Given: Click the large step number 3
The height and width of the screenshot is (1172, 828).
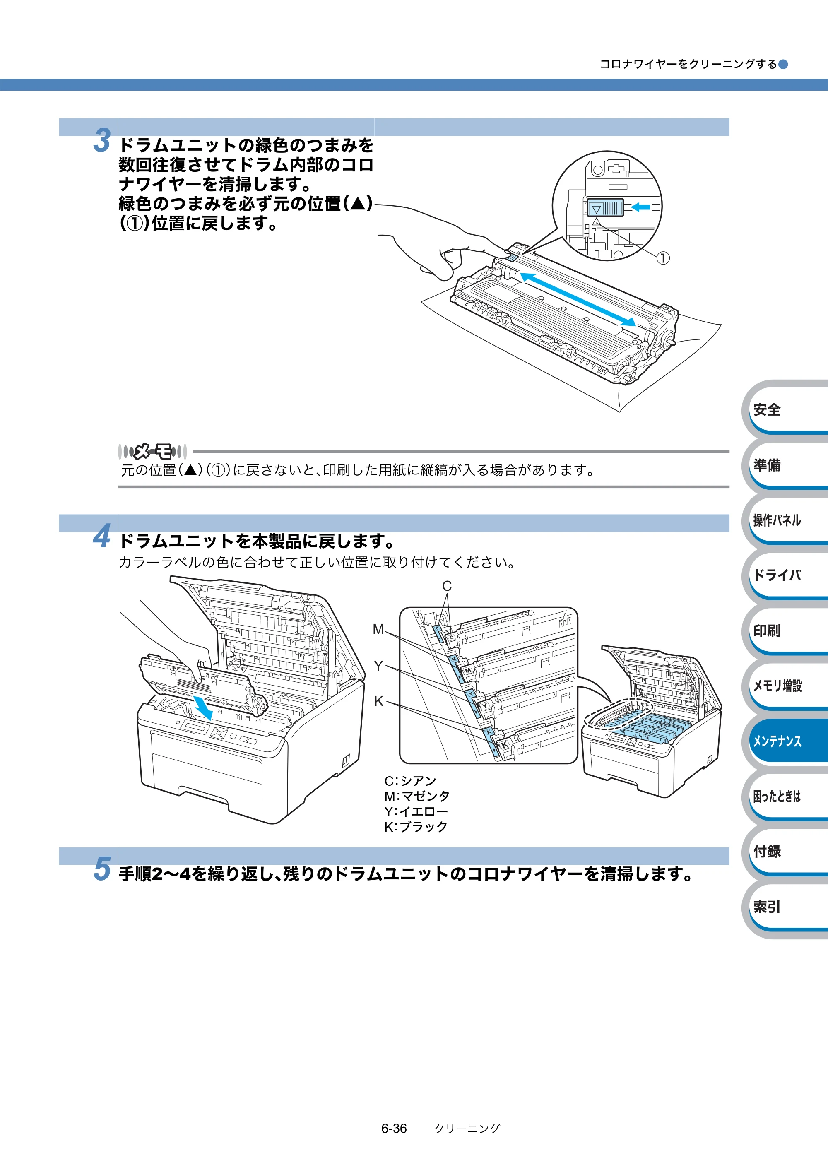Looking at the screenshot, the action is point(102,140).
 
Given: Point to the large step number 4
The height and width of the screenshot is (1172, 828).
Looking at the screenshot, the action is point(102,536).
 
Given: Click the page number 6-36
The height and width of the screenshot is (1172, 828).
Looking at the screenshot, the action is point(394,1129).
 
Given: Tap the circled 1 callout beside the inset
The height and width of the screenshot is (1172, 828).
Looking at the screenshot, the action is point(662,258).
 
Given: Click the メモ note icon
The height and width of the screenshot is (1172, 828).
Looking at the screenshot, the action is point(152,451).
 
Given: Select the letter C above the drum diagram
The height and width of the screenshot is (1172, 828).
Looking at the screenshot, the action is point(447,586).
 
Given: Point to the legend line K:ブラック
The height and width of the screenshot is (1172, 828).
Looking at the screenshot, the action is point(416,826).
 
